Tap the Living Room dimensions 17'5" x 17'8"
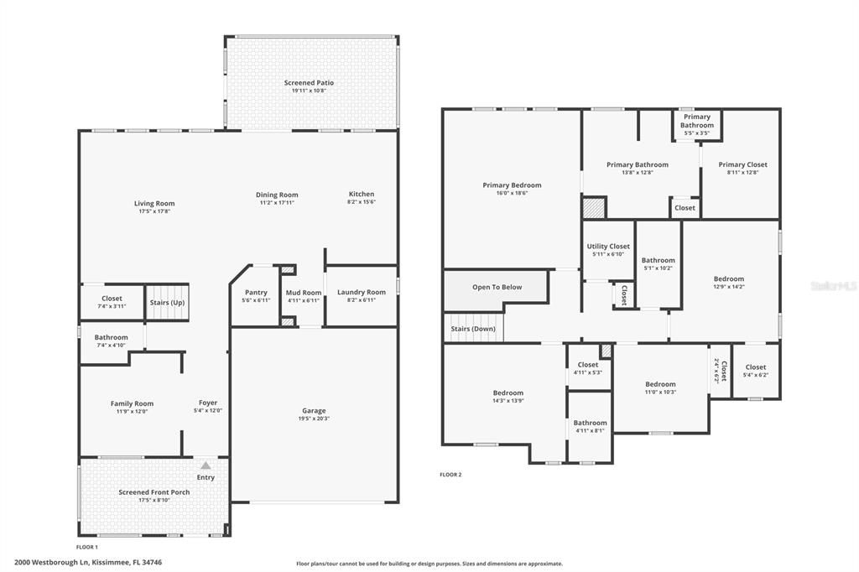pos(154,211)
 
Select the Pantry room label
pos(255,293)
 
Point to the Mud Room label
pos(304,293)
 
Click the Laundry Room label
pos(362,293)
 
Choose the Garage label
pos(314,411)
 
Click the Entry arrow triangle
pos(206,465)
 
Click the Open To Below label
pos(497,287)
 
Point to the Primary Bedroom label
pos(512,185)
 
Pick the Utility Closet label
pos(608,247)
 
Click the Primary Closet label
pos(742,165)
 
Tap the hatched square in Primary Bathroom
pos(594,208)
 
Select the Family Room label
pos(132,403)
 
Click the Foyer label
pos(207,403)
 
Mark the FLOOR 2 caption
pos(450,475)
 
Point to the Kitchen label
pos(362,195)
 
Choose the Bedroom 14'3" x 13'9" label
pos(508,393)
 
